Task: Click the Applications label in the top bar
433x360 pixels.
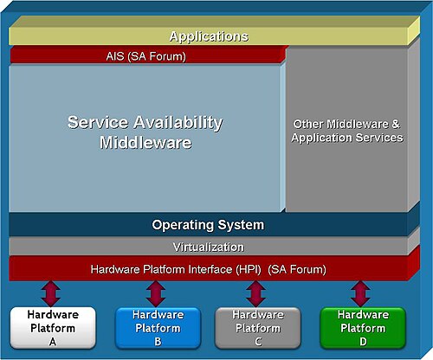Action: (209, 36)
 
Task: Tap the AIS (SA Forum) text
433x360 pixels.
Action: (145, 56)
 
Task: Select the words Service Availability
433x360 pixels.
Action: (145, 123)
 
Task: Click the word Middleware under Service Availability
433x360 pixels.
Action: (145, 142)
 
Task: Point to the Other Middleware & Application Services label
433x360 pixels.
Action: (347, 131)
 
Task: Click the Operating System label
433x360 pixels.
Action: (208, 225)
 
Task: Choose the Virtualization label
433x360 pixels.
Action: (209, 247)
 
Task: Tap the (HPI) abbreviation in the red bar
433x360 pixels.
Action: (249, 269)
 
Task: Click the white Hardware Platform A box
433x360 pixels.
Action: (53, 328)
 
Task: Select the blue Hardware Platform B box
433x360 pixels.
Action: (158, 328)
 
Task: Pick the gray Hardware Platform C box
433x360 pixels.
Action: (258, 328)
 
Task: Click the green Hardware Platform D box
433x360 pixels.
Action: (363, 328)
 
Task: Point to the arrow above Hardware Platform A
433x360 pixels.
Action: (51, 293)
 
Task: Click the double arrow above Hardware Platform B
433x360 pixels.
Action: (156, 293)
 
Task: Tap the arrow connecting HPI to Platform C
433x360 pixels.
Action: (255, 293)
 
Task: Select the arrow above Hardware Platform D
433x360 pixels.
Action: (360, 293)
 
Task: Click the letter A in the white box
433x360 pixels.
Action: (53, 342)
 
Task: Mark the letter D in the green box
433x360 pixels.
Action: (363, 342)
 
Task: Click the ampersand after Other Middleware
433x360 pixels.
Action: (396, 124)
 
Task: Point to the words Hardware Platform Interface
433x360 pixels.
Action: (161, 269)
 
